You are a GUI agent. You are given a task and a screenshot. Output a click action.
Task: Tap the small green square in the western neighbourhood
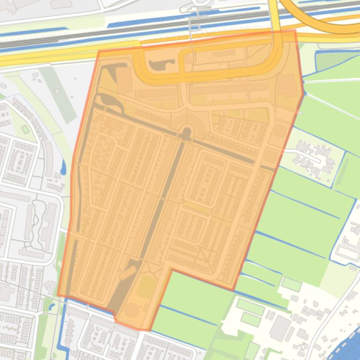[25, 129]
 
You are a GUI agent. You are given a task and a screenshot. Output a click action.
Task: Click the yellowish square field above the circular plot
[147, 286]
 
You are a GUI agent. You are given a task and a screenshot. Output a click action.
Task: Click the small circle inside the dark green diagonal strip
[57, 91]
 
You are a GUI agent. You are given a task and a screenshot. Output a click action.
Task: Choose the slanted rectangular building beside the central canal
[127, 273]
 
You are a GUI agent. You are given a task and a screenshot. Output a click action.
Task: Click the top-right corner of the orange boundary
[295, 31]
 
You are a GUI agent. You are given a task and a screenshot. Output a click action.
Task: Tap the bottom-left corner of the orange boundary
[58, 295]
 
